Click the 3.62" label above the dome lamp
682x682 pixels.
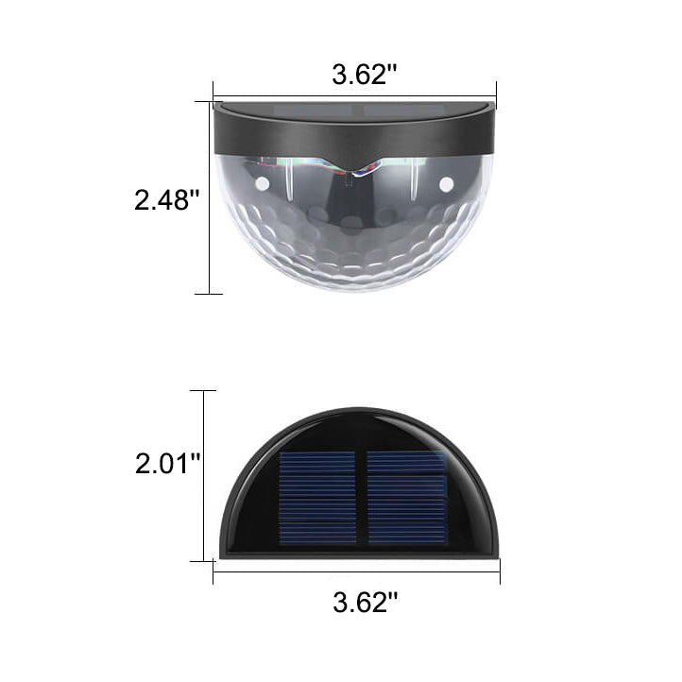click(360, 76)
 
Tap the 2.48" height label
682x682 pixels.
click(167, 199)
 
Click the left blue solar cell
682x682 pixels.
click(317, 497)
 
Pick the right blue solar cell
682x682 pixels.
click(406, 497)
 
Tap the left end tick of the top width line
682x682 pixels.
click(214, 93)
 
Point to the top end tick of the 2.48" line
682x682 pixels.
click(209, 102)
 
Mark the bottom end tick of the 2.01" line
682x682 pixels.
click(203, 561)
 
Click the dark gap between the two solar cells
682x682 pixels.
click(362, 497)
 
